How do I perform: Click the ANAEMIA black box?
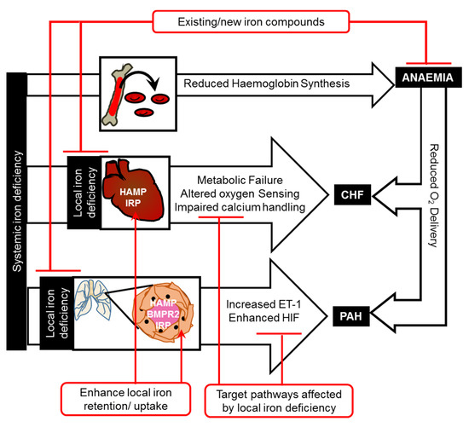(x=428, y=78)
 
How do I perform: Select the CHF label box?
(x=352, y=194)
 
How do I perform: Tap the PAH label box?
(x=351, y=316)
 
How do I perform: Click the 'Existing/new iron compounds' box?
(x=251, y=22)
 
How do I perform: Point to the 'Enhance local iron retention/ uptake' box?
(x=126, y=399)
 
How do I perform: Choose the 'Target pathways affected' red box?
(x=279, y=401)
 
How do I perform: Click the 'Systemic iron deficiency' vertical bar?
(x=17, y=211)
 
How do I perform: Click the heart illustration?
(x=133, y=190)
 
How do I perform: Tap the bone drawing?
(x=117, y=94)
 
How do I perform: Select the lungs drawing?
(x=92, y=300)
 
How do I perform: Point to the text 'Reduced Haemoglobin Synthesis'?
(x=267, y=84)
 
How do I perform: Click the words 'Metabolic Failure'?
(x=240, y=180)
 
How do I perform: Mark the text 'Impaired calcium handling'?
(x=240, y=207)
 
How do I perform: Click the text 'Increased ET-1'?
(x=263, y=304)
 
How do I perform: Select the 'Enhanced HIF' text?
(x=263, y=318)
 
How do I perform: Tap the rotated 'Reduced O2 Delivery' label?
(x=434, y=195)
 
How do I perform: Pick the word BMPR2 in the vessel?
(x=163, y=314)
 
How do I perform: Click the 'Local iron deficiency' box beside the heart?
(x=84, y=193)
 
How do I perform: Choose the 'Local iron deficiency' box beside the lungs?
(x=57, y=313)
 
